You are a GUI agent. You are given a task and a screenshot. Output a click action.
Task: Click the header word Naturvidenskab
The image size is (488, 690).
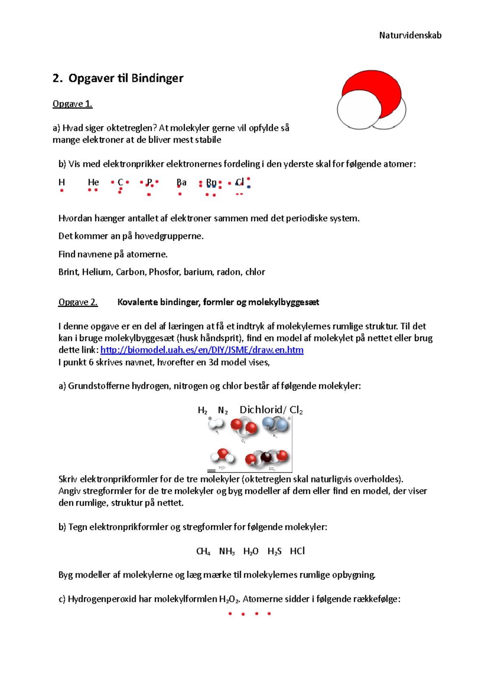click(410, 35)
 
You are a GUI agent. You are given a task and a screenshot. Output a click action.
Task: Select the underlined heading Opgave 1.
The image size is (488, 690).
click(72, 104)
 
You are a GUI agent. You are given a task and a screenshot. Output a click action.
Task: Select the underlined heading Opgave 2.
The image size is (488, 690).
click(78, 302)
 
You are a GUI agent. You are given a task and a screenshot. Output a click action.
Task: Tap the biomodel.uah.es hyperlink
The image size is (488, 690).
click(202, 350)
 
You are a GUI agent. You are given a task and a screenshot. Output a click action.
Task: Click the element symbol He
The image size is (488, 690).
click(94, 182)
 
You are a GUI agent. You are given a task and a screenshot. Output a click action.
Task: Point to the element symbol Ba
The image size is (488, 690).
click(181, 182)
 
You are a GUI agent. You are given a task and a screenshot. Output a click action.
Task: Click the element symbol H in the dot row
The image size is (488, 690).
click(62, 182)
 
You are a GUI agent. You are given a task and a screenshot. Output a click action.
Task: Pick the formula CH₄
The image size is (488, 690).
click(203, 551)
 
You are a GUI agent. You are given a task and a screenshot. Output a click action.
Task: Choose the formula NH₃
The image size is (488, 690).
click(227, 551)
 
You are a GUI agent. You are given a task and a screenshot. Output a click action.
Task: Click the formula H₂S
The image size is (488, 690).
click(274, 551)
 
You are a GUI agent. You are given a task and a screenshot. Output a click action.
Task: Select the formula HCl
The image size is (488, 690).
click(297, 551)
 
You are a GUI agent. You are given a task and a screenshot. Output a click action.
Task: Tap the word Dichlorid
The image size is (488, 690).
click(261, 410)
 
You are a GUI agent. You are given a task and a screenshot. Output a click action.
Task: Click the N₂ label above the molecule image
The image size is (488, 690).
click(223, 410)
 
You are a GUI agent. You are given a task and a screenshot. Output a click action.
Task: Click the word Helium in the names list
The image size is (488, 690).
click(97, 272)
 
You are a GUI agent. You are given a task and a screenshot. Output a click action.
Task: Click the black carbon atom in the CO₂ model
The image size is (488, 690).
click(266, 457)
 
